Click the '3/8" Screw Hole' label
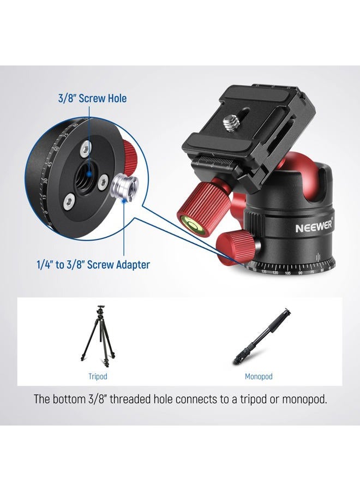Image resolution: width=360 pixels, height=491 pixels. point(92,98)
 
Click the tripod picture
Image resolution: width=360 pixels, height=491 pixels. point(98,334)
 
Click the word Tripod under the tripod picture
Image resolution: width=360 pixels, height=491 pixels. point(98,376)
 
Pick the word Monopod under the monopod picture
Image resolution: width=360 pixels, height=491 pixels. point(259,376)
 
